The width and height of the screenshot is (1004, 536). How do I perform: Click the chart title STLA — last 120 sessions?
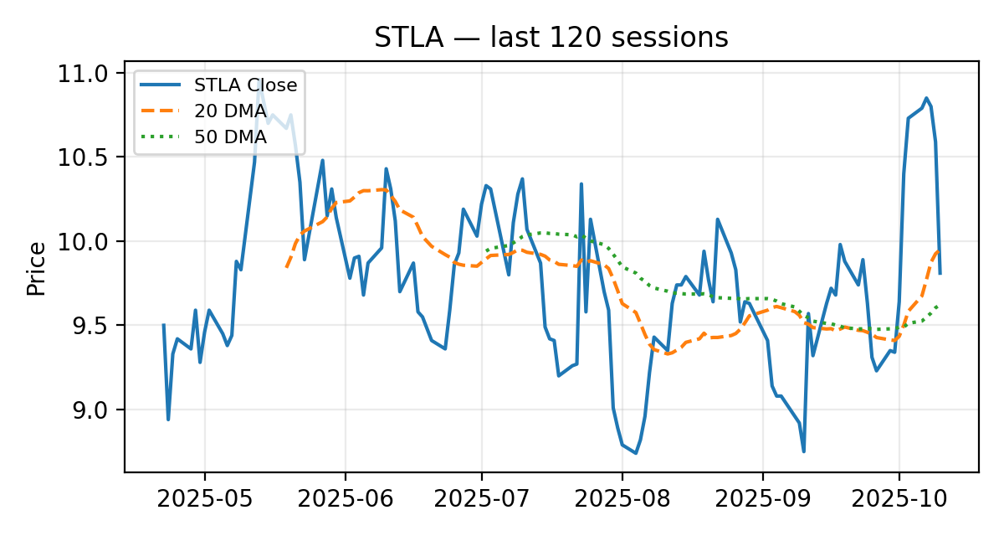coord(551,38)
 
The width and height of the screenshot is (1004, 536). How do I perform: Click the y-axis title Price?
coord(35,268)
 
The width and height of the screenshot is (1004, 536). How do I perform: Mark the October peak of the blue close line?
coord(926,98)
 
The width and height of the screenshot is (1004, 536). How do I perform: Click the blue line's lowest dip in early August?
coord(636,453)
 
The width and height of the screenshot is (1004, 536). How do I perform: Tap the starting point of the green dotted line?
coord(486,250)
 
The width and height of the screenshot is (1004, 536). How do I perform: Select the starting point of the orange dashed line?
coord(286,267)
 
